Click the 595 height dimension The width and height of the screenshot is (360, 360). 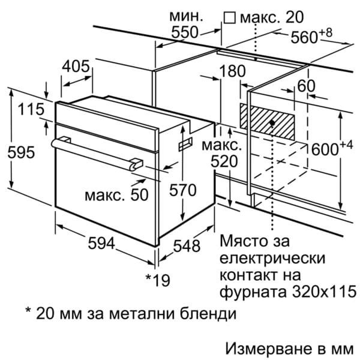(21, 152)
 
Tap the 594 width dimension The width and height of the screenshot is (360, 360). (101, 243)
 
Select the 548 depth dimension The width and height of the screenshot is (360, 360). (187, 245)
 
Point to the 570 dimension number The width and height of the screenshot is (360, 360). (183, 190)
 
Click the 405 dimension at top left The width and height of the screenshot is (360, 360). (76, 67)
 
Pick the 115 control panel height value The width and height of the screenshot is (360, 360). (31, 109)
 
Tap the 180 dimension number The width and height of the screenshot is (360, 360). (232, 71)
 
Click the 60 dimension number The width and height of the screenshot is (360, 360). (306, 86)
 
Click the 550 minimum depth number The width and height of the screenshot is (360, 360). (185, 32)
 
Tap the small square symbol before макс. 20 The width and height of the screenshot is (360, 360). (230, 18)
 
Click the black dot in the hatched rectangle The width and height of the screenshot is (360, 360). (272, 123)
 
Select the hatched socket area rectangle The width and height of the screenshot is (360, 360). (267, 121)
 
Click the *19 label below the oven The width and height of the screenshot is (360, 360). (158, 280)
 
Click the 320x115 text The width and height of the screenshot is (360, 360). (325, 292)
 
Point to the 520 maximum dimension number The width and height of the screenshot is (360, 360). (224, 161)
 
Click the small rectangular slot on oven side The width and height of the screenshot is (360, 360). (185, 144)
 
